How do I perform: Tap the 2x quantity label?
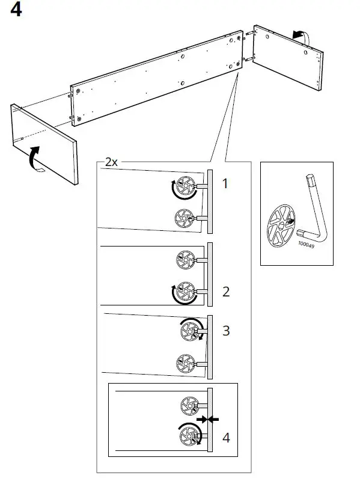pos(111,162)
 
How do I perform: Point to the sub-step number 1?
pos(225,184)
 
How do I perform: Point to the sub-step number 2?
pos(226,292)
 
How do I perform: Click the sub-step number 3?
pos(226,331)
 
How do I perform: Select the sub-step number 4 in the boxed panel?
pos(226,438)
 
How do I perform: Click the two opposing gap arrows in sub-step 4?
pos(207,419)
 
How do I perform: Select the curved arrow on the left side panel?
pos(36,158)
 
